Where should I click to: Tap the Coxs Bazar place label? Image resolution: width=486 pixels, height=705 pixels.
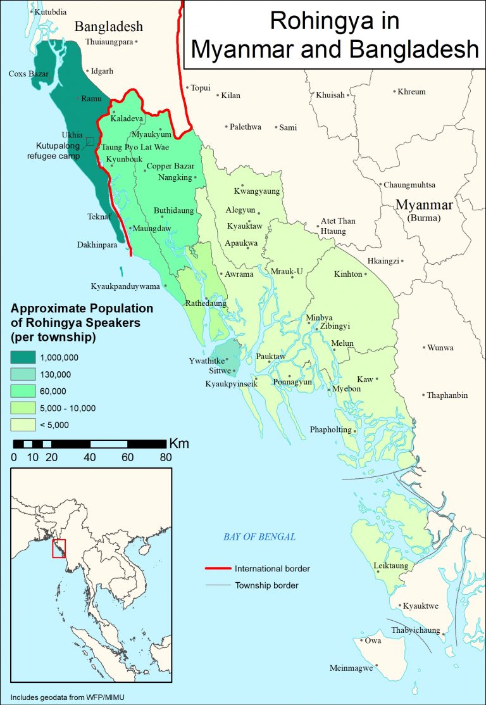tap(28, 74)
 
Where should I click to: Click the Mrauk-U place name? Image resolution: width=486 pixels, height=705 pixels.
tap(287, 272)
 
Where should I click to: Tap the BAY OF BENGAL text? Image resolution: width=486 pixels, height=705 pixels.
tap(259, 537)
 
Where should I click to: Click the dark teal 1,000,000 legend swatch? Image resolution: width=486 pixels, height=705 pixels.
tap(22, 357)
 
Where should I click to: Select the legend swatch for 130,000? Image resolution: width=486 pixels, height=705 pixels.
tap(22, 374)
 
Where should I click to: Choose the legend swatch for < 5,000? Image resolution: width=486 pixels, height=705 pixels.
tap(22, 424)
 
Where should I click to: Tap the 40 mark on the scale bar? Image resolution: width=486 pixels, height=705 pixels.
tap(89, 457)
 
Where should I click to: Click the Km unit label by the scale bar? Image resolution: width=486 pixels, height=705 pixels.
tap(178, 443)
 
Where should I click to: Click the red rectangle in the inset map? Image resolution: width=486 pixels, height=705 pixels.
tap(58, 549)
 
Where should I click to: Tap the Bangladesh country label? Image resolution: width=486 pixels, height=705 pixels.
tap(109, 27)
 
